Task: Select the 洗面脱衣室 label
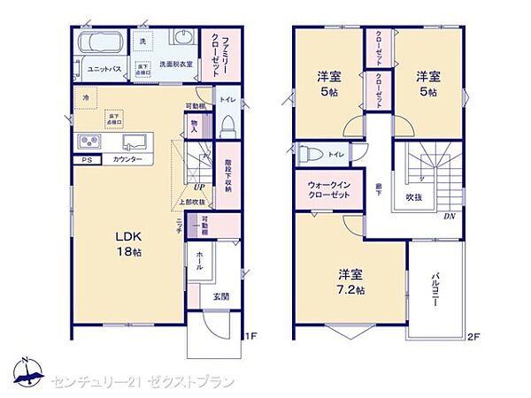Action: point(176,65)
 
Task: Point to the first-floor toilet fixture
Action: point(226,125)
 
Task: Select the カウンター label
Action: point(129,160)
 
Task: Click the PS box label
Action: point(87,160)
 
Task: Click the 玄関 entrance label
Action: point(221,296)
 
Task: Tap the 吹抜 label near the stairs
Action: point(414,197)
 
